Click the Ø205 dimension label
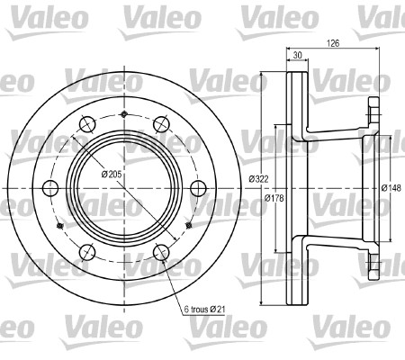[112, 175]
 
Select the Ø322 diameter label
[258, 179]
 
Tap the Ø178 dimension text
[274, 198]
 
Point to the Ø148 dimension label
[391, 188]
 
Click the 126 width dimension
[333, 43]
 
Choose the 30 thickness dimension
[297, 55]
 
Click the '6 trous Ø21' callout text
[204, 310]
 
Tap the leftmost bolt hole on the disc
[50, 188]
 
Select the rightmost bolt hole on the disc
[198, 188]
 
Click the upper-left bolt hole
[87, 124]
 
